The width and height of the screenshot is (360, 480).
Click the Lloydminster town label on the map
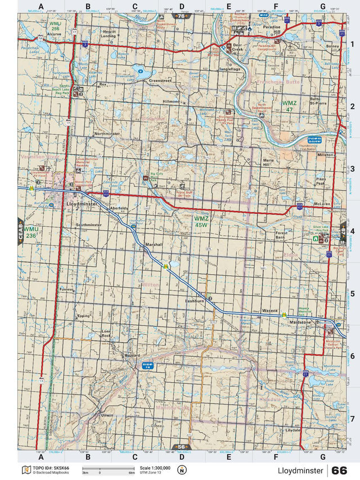(x=82, y=204)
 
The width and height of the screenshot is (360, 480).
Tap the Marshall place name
(x=154, y=244)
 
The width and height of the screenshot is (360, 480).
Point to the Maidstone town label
(x=300, y=321)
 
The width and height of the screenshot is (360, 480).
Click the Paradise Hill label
(x=276, y=29)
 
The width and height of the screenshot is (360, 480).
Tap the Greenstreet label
(x=160, y=80)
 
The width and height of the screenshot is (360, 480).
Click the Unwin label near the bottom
(x=107, y=415)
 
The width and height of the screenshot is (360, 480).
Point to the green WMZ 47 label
(x=289, y=106)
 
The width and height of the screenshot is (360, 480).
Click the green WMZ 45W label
(x=201, y=221)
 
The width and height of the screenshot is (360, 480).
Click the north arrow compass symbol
(x=181, y=470)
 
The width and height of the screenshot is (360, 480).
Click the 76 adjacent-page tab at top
(x=181, y=16)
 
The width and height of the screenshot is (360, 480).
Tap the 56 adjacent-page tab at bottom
(x=181, y=447)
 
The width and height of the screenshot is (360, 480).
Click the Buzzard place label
(x=132, y=356)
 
